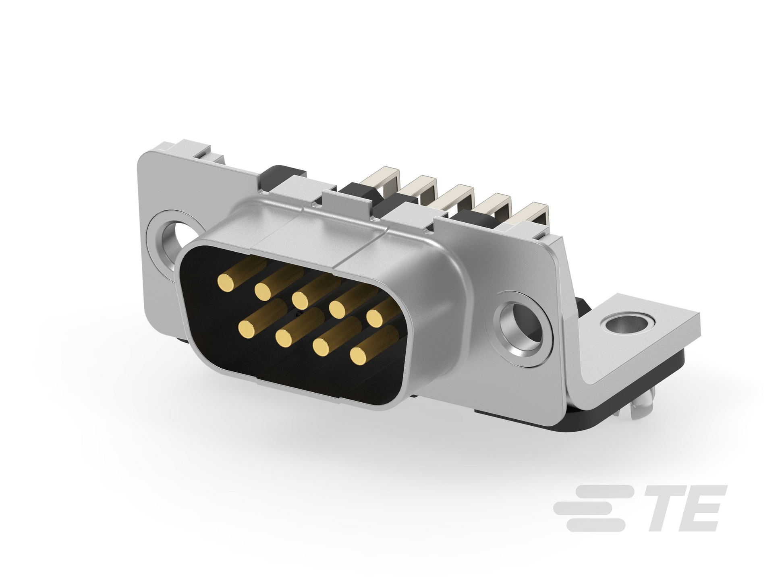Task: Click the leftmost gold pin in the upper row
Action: [226, 282]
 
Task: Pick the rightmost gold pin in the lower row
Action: [359, 355]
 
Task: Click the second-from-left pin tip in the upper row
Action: [263, 290]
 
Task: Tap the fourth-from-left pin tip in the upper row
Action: [338, 308]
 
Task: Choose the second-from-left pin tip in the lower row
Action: [284, 338]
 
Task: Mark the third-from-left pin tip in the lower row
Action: [322, 347]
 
